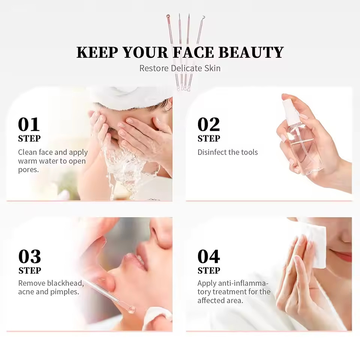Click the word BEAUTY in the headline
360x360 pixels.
[x=251, y=52]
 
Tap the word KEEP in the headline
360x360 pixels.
[x=97, y=52]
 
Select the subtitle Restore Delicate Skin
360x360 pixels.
[x=180, y=68]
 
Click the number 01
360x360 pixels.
[x=29, y=124]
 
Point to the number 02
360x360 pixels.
[x=208, y=124]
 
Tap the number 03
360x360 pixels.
[x=30, y=256]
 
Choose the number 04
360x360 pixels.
[x=209, y=256]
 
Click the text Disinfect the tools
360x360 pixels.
[x=228, y=152]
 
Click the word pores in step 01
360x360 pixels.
[x=28, y=170]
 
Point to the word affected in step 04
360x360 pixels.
[x=211, y=300]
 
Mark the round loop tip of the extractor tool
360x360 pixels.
[x=132, y=310]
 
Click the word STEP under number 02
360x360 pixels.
[x=209, y=138]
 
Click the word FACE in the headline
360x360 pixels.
[x=193, y=52]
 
